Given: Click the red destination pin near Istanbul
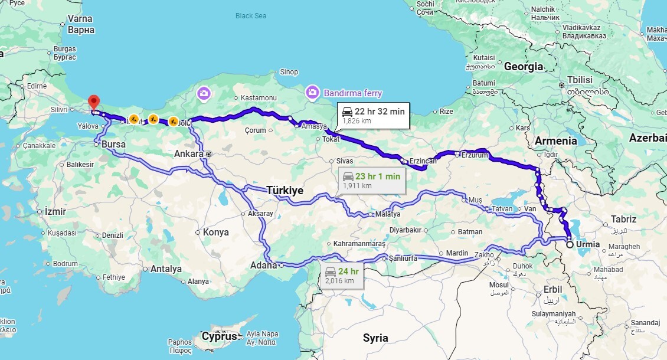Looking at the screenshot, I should click(x=92, y=102).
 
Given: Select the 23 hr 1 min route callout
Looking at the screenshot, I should click(x=372, y=180).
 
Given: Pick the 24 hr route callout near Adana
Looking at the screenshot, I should click(x=342, y=275).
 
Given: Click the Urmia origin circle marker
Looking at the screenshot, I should click(x=570, y=244).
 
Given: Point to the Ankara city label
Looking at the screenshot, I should click(x=189, y=153).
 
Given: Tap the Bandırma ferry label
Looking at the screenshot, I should click(x=352, y=93).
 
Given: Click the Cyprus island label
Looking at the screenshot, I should click(x=219, y=336).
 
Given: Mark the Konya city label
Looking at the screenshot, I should click(x=215, y=232).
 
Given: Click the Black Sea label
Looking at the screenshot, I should click(x=251, y=16).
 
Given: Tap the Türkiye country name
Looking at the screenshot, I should click(x=285, y=190).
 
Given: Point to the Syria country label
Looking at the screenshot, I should click(x=375, y=338).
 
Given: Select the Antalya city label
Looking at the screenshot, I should click(x=166, y=269).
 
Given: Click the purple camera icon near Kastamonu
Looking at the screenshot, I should click(x=204, y=93).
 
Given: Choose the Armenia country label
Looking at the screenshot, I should click(x=555, y=140).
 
